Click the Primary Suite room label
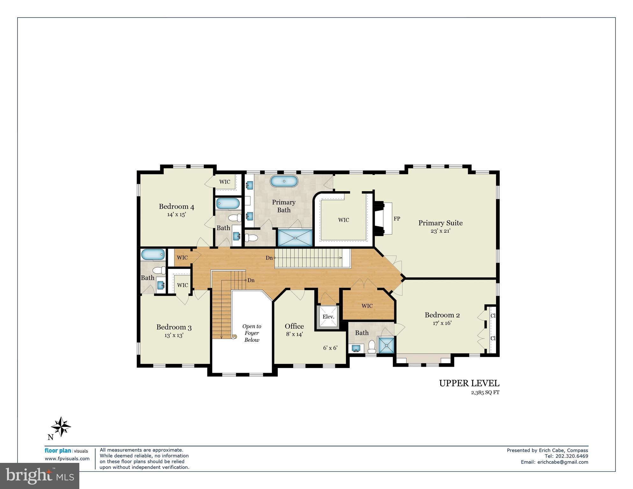pyautogui.click(x=440, y=223)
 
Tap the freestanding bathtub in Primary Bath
pyautogui.click(x=284, y=181)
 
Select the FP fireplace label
pyautogui.click(x=397, y=219)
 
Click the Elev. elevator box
pyautogui.click(x=328, y=316)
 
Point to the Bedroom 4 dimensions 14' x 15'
pyautogui.click(x=176, y=215)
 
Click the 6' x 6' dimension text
pyautogui.click(x=330, y=348)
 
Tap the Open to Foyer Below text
pyautogui.click(x=252, y=333)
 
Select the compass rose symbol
pyautogui.click(x=61, y=427)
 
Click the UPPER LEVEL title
pyautogui.click(x=469, y=383)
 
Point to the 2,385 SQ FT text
pyautogui.click(x=485, y=392)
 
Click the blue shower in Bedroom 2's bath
pyautogui.click(x=386, y=345)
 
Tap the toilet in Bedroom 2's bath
pyautogui.click(x=372, y=346)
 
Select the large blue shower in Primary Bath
pyautogui.click(x=295, y=238)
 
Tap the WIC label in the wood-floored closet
pyautogui.click(x=367, y=306)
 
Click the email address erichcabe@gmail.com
pyautogui.click(x=563, y=462)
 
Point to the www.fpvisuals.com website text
pyautogui.click(x=67, y=459)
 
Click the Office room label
pyautogui.click(x=294, y=326)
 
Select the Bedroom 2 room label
pyautogui.click(x=442, y=315)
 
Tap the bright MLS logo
pyautogui.click(x=40, y=476)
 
